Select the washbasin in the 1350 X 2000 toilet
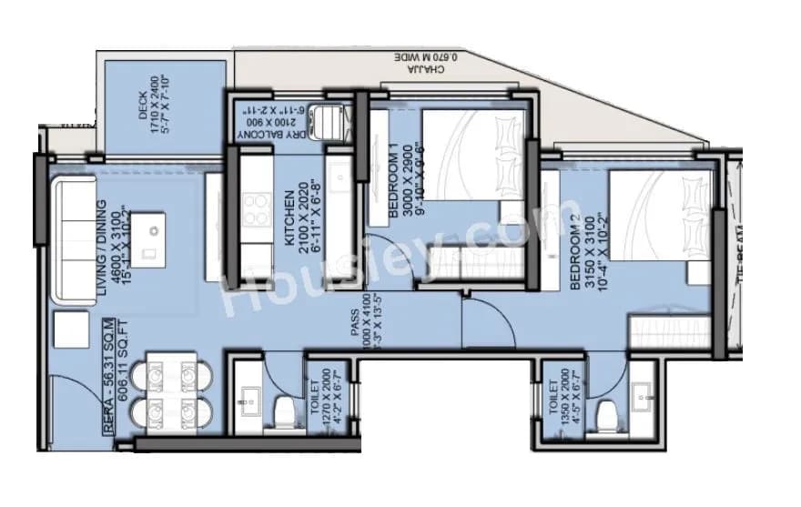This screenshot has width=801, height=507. click(644, 392)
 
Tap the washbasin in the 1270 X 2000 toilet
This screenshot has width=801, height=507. click(248, 398)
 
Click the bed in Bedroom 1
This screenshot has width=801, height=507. click(473, 164)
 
